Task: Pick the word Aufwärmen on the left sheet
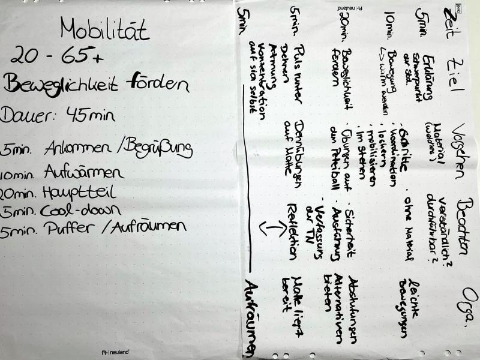pyautogui.click(x=84, y=173)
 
